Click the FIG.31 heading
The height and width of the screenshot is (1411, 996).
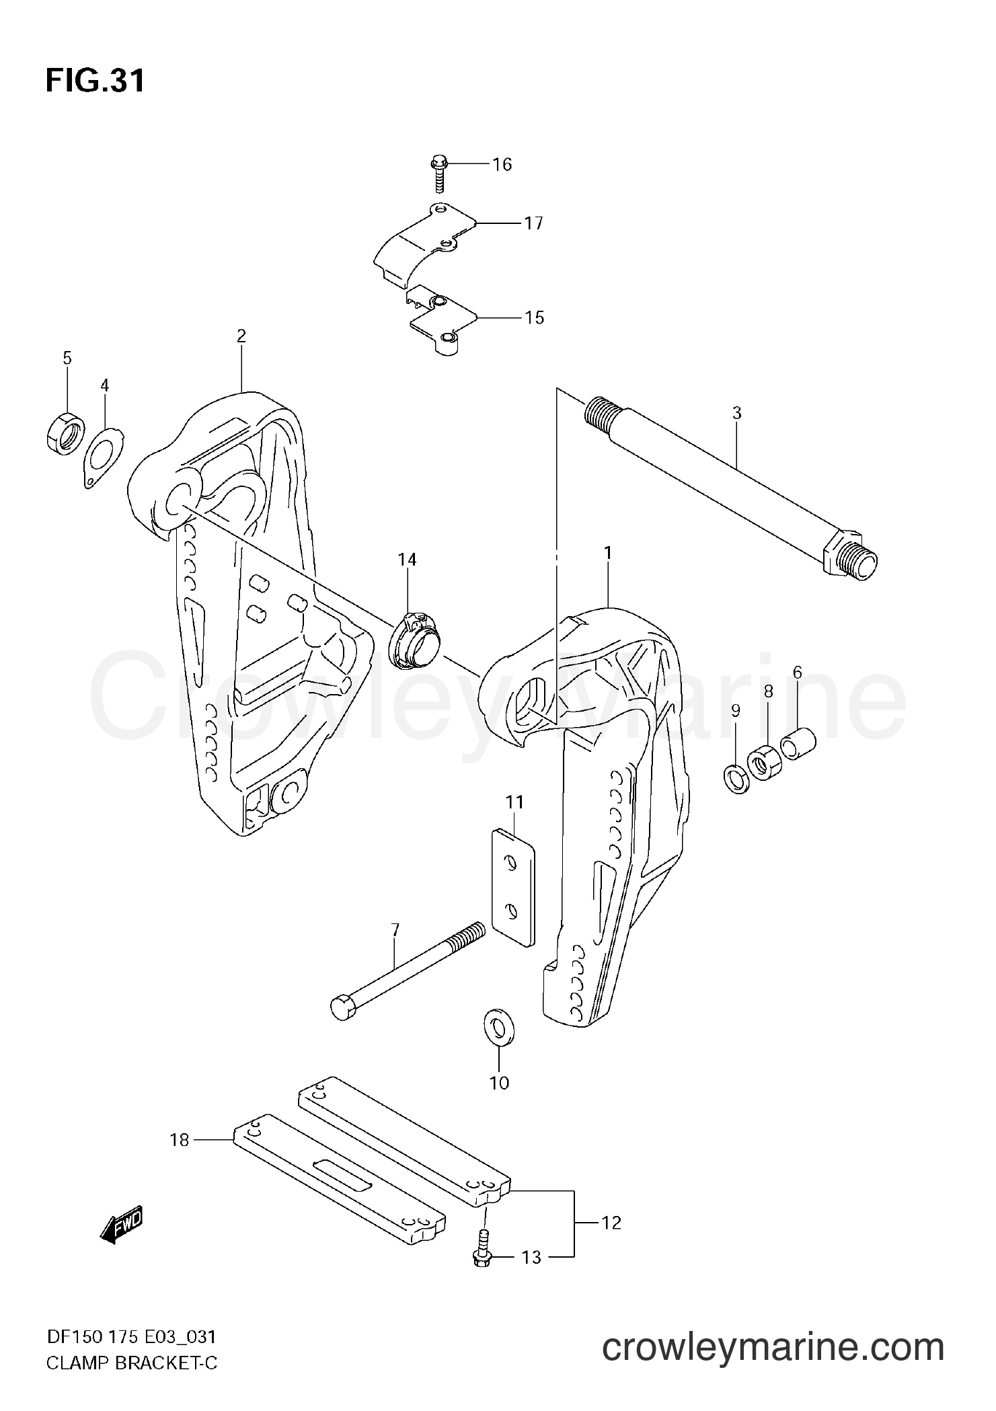[95, 81]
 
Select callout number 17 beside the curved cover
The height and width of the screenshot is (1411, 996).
[533, 223]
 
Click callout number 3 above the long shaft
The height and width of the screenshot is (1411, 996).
[736, 413]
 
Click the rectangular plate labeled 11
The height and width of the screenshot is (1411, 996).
[514, 887]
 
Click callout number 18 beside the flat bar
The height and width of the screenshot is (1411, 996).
[180, 1140]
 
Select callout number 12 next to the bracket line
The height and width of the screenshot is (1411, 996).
[611, 1222]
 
